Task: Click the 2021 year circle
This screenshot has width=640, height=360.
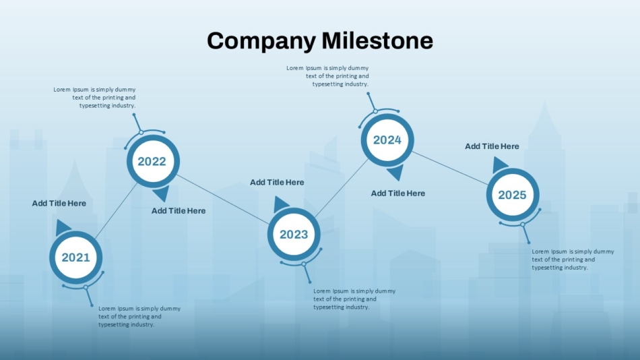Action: click(76, 258)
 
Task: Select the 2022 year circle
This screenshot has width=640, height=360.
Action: click(153, 161)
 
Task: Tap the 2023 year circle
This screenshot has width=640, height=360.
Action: click(294, 234)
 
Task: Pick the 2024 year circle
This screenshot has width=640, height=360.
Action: click(387, 140)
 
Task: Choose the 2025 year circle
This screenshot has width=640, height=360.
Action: click(513, 195)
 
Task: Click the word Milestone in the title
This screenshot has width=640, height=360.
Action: click(377, 40)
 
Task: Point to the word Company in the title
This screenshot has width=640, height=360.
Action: click(261, 41)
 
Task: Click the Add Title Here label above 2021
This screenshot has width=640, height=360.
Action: click(59, 203)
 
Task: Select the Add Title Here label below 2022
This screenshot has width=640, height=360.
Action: click(179, 211)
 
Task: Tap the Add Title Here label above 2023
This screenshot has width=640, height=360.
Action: click(277, 182)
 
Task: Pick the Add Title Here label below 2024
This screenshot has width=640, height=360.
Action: click(398, 193)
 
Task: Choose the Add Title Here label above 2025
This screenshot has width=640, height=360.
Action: click(492, 146)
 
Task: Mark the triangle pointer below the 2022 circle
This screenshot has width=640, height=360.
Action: click(162, 193)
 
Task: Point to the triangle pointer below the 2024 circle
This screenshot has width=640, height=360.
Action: click(396, 172)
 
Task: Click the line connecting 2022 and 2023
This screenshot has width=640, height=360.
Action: click(223, 200)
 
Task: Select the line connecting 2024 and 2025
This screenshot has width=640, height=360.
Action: click(450, 168)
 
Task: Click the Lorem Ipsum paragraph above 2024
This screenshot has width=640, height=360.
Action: click(327, 76)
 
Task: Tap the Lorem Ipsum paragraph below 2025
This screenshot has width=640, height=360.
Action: click(573, 260)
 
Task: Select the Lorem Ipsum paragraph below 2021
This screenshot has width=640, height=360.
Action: click(139, 316)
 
